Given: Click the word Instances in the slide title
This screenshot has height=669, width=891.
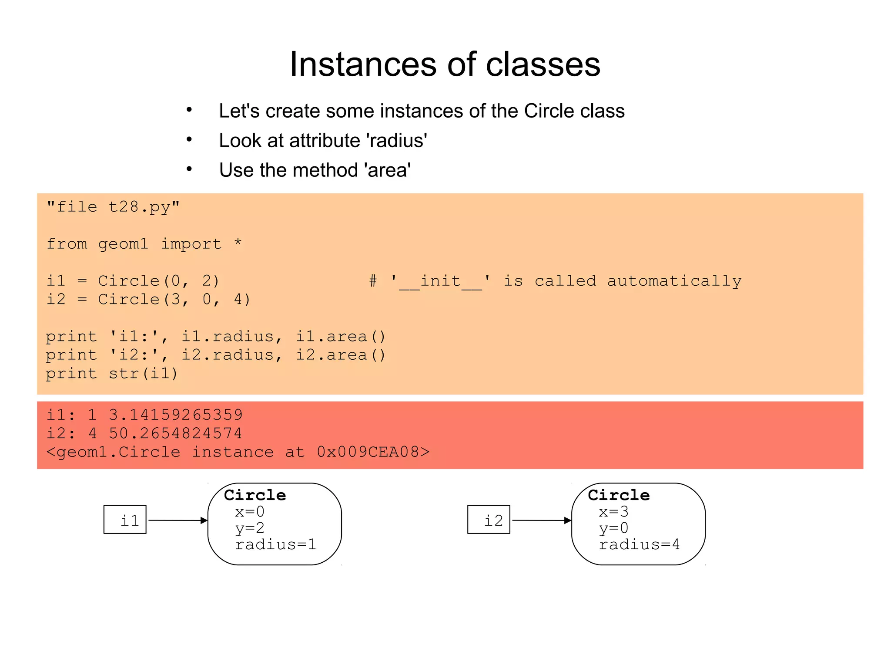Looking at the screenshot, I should pyautogui.click(x=364, y=64).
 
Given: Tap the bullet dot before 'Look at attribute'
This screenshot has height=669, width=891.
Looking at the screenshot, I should pyautogui.click(x=189, y=140).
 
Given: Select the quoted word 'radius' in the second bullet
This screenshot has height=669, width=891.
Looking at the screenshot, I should pyautogui.click(x=396, y=141).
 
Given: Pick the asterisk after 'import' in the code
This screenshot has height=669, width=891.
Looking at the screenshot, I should pyautogui.click(x=238, y=242).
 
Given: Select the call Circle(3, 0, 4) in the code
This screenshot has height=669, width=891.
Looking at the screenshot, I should pyautogui.click(x=174, y=300).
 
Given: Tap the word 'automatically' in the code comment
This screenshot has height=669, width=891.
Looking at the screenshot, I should pyautogui.click(x=674, y=281).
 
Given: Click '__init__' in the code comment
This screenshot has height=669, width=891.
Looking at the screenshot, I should pyautogui.click(x=440, y=281).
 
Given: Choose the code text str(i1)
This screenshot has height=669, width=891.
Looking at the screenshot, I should pyautogui.click(x=143, y=374).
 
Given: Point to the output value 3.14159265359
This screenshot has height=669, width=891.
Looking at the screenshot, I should pyautogui.click(x=176, y=415).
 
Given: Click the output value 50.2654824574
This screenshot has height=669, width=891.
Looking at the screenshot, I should pyautogui.click(x=176, y=433).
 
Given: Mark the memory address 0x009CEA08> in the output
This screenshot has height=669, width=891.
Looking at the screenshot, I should pyautogui.click(x=373, y=452).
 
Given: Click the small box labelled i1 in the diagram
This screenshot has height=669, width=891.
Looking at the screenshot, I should pyautogui.click(x=125, y=520).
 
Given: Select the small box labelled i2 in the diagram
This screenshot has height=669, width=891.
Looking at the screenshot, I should pyautogui.click(x=489, y=520).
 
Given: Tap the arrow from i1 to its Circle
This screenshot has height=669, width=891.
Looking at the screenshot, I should pyautogui.click(x=178, y=520).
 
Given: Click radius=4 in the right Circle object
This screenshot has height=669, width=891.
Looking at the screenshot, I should pyautogui.click(x=639, y=544).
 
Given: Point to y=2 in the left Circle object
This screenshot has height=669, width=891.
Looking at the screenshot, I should pyautogui.click(x=250, y=528).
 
